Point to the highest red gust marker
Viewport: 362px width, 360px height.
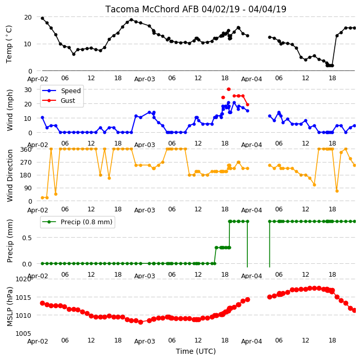[228, 89]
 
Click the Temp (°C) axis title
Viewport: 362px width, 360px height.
[9, 44]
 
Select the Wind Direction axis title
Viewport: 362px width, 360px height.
[10, 176]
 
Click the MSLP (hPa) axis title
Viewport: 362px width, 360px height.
[10, 307]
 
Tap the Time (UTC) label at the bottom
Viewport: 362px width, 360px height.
[196, 351]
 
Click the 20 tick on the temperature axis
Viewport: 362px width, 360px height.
[28, 17]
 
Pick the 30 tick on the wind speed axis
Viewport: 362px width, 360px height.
[28, 89]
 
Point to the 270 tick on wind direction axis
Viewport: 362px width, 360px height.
[26, 163]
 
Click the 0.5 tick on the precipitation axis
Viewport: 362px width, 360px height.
[27, 238]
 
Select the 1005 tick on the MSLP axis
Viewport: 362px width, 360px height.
[23, 333]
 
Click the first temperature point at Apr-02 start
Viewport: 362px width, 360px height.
[43, 18]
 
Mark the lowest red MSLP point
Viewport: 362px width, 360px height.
[140, 322]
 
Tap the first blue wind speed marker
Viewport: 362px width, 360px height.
[43, 118]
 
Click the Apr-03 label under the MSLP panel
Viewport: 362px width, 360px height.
[144, 341]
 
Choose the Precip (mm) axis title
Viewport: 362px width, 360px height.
[10, 241]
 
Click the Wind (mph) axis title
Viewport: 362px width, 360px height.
[10, 110]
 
